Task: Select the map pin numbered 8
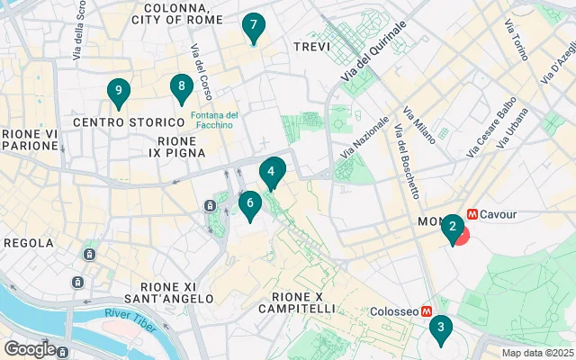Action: point(182,87)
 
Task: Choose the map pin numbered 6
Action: point(250,204)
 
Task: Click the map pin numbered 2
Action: point(453,227)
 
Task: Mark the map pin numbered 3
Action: point(440,328)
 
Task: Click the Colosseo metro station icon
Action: point(427,310)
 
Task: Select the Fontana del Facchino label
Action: point(213,120)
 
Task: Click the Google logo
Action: point(30,348)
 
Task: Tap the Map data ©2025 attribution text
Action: point(536,353)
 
